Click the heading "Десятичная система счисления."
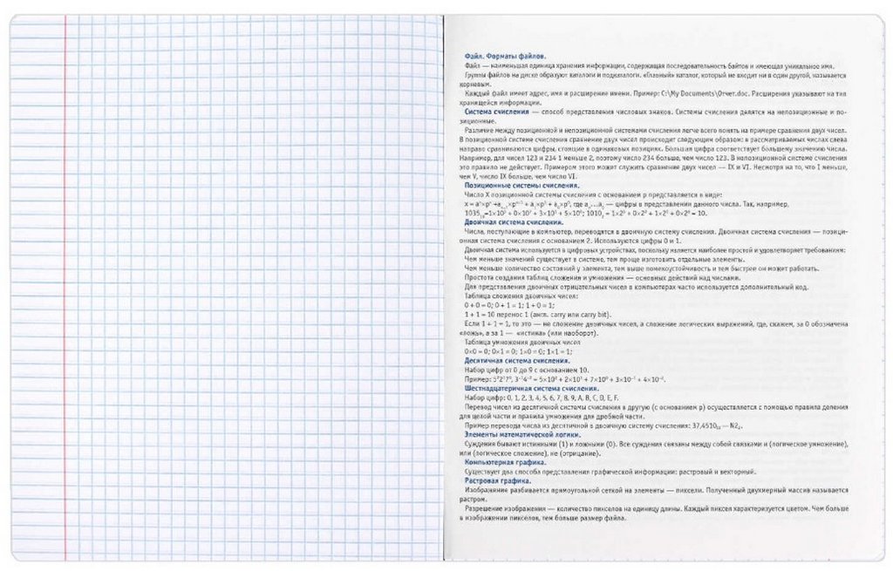click(510, 360)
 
